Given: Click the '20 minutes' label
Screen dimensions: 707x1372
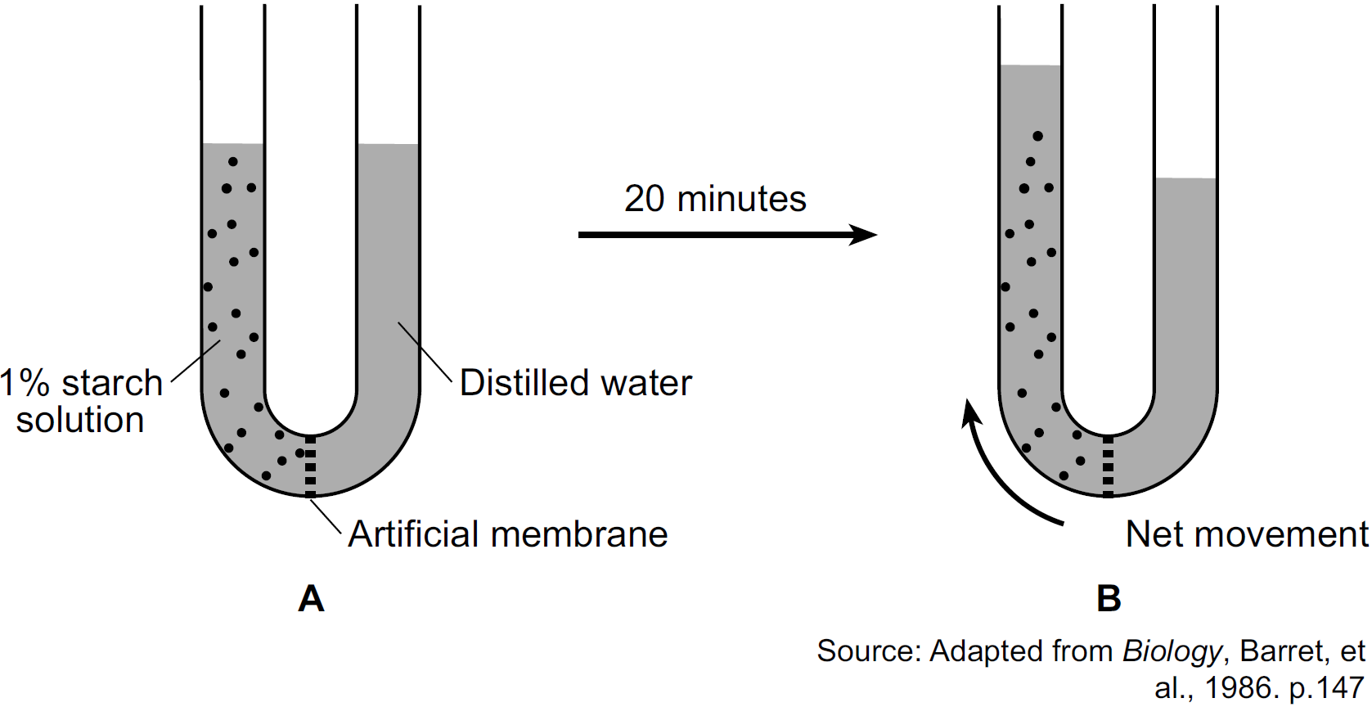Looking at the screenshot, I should click(x=715, y=199).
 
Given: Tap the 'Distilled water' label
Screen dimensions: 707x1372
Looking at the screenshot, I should click(x=576, y=383).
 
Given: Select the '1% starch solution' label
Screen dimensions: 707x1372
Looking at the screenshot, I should click(x=81, y=401).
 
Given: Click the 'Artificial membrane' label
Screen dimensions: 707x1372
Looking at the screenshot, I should click(x=508, y=534).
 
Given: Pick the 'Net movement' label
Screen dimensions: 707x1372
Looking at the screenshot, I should click(x=1247, y=534).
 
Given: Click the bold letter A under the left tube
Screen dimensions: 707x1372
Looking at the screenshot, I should click(x=311, y=599).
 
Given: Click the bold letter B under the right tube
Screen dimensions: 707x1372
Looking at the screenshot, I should click(x=1109, y=599).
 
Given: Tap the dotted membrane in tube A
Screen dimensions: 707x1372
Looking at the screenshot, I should click(x=310, y=466).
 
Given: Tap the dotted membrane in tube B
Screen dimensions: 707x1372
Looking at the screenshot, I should click(x=1108, y=466).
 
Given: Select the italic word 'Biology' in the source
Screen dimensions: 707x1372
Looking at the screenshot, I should click(x=1172, y=651).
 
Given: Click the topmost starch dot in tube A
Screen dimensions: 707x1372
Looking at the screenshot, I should click(x=232, y=161).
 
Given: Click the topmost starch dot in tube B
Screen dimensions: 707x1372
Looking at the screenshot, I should click(x=1037, y=136).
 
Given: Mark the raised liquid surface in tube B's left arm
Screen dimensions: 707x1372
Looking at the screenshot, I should click(x=1030, y=65).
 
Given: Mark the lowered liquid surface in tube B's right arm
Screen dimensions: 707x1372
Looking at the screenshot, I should click(x=1185, y=178).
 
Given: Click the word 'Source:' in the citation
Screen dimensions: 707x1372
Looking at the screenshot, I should click(x=869, y=651).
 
